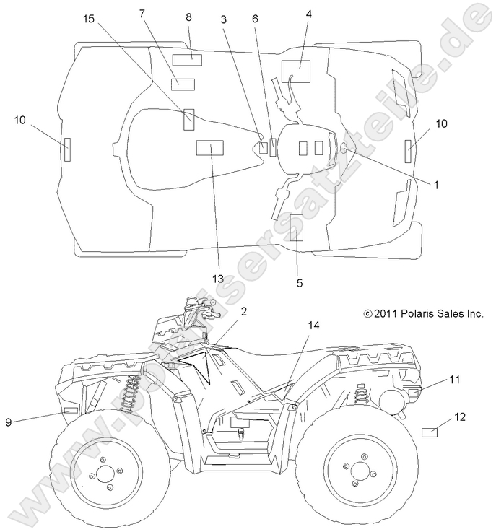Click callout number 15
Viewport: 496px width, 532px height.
coord(89,19)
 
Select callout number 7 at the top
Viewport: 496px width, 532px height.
coord(142,14)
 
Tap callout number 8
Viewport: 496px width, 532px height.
coord(188,17)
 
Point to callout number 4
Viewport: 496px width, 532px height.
coord(308,14)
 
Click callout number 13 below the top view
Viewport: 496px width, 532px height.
coord(218,279)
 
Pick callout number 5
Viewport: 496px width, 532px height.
coord(299,283)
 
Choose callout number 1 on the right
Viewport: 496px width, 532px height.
coord(436,185)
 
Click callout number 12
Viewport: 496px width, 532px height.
coord(460,417)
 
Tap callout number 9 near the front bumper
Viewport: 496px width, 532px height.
coord(9,422)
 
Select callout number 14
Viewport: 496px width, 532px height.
coord(313,325)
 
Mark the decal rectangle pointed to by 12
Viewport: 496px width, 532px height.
coord(430,432)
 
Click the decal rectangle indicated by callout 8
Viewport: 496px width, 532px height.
coord(187,60)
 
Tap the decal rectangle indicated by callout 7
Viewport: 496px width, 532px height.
coord(183,84)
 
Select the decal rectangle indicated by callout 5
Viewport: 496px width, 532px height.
coord(297,227)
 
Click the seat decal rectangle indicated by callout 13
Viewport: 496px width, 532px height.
coord(209,148)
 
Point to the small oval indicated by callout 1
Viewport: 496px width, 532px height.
coord(344,148)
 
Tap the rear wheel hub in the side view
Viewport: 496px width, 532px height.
coord(360,471)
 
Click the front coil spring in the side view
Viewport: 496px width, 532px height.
coord(131,393)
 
